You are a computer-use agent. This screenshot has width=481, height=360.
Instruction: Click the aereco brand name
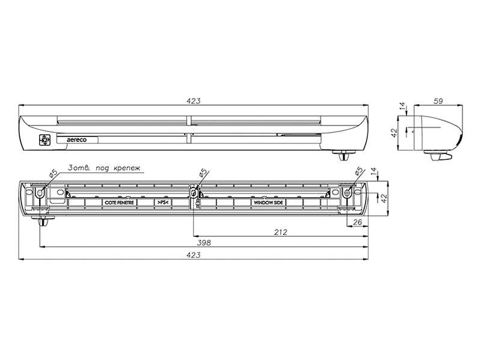pos(76,140)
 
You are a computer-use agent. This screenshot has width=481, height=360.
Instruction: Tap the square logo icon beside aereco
pos(44,140)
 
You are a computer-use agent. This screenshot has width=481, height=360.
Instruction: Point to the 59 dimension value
pos(439,101)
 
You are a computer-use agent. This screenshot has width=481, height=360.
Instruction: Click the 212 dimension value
pos(281,232)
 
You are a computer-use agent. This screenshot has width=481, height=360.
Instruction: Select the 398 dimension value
pos(204,243)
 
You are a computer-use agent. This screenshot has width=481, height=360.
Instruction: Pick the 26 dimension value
pos(358,222)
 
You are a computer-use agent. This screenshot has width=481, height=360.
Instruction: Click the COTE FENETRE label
pos(119,203)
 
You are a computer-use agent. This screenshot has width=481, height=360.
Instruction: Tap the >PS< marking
pos(163,203)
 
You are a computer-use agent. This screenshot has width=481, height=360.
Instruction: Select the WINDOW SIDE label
pos(268,203)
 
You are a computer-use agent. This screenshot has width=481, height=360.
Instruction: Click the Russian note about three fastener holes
pos(104,168)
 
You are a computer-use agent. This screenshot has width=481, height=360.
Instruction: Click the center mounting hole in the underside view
pos(193,193)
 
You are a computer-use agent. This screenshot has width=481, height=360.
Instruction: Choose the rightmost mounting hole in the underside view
pos(347,193)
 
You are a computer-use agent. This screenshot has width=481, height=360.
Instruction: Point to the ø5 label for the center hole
pos(203,173)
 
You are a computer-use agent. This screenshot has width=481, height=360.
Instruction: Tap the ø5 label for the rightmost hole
pos(358,172)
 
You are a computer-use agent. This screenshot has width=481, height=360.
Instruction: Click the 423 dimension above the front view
pos(193,101)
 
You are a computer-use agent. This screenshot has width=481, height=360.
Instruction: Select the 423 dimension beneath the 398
pos(193,255)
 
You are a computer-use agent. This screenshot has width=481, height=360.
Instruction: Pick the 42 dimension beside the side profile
pos(395,133)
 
